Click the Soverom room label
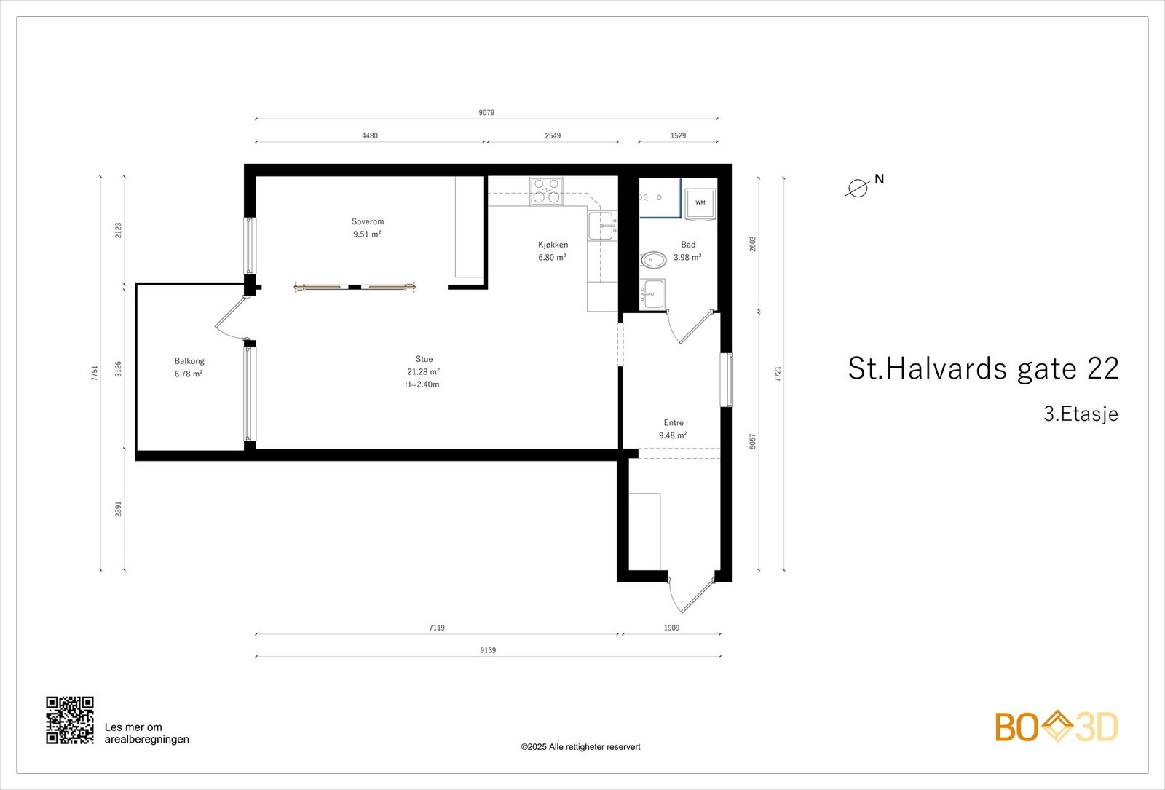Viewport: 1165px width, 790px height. [368, 221]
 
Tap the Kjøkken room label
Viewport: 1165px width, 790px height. [553, 245]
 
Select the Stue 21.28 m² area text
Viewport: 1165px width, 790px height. [423, 372]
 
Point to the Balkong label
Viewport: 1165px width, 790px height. [189, 361]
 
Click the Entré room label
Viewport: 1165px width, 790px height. [674, 423]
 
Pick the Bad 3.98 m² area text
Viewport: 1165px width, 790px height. [687, 258]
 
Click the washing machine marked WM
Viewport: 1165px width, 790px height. [700, 203]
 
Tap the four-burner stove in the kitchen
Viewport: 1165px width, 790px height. [546, 191]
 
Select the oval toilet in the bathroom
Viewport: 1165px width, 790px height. [654, 260]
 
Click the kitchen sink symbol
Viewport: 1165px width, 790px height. [603, 226]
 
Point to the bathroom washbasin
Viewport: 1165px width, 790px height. [653, 294]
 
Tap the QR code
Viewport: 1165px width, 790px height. [70, 720]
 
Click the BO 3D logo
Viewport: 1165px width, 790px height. [1056, 727]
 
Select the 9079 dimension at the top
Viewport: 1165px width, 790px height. [486, 113]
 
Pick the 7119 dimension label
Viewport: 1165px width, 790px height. [437, 628]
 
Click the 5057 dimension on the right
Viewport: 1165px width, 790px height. [753, 441]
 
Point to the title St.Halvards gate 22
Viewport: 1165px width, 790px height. [983, 369]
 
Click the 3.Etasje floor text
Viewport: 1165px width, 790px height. [1081, 414]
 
